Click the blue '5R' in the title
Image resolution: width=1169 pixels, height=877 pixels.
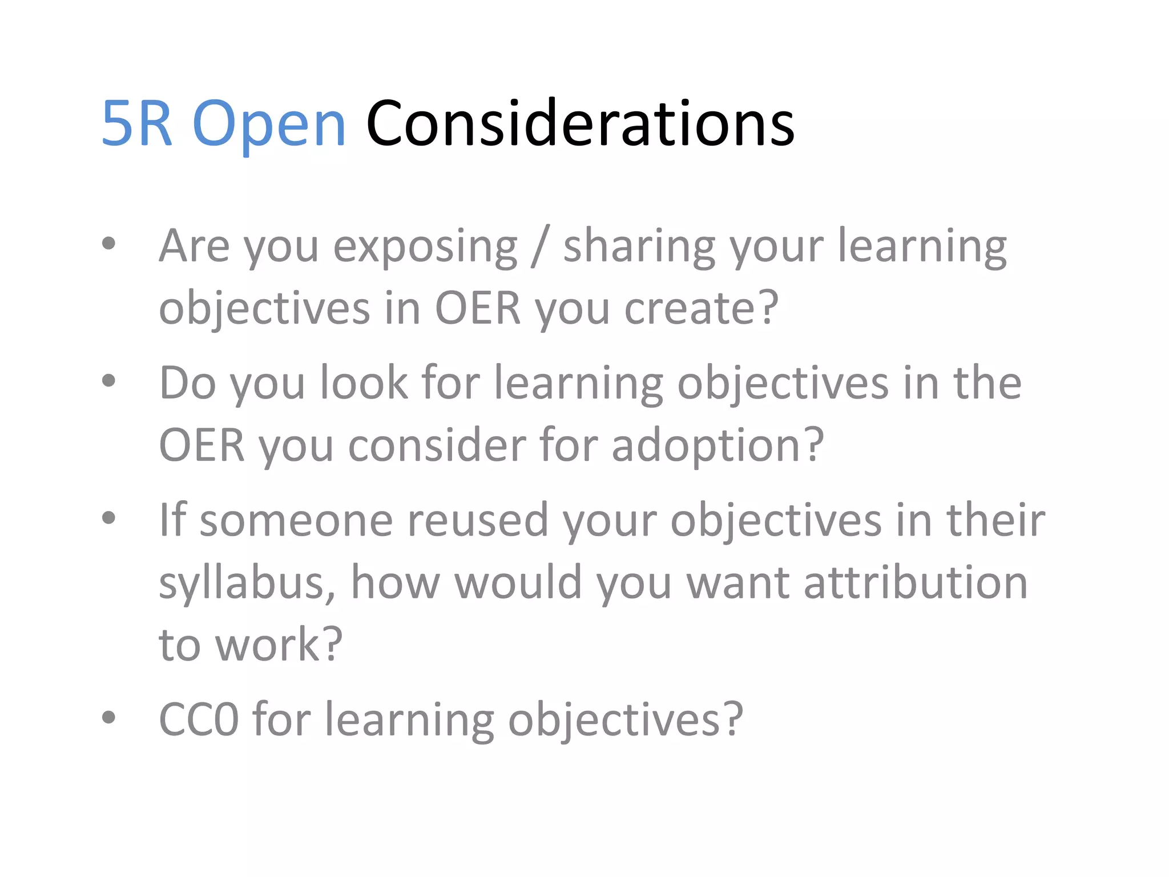137,124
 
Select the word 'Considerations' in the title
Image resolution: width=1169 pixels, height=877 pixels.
580,124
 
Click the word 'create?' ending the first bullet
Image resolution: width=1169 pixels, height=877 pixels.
702,308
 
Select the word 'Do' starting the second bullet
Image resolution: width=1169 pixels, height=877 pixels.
187,383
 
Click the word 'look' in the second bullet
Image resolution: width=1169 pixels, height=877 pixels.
364,383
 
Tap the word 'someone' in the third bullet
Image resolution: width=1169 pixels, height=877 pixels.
296,521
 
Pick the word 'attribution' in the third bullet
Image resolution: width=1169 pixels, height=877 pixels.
916,582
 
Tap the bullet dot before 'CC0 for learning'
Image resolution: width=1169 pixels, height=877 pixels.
108,718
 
